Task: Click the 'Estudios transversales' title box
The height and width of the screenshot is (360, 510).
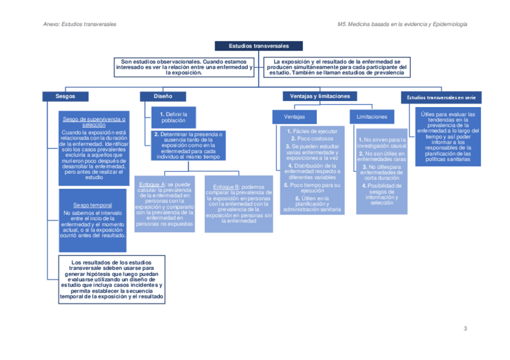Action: click(x=259, y=46)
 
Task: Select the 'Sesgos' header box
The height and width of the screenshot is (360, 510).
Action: click(x=65, y=96)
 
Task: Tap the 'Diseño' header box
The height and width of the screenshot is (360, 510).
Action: click(x=162, y=96)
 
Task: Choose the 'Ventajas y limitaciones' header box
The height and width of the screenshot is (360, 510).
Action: click(x=319, y=96)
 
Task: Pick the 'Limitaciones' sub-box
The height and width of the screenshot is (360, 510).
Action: click(x=372, y=117)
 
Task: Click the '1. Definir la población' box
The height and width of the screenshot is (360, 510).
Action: click(x=173, y=117)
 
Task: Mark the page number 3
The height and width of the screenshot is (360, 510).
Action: click(x=465, y=329)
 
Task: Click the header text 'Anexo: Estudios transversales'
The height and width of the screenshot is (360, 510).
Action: click(x=80, y=24)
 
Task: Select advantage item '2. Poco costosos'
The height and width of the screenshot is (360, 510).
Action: click(x=311, y=138)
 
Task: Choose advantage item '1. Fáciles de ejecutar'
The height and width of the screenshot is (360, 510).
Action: click(x=312, y=131)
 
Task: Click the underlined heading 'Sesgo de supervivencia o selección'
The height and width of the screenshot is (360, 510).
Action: click(x=94, y=122)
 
